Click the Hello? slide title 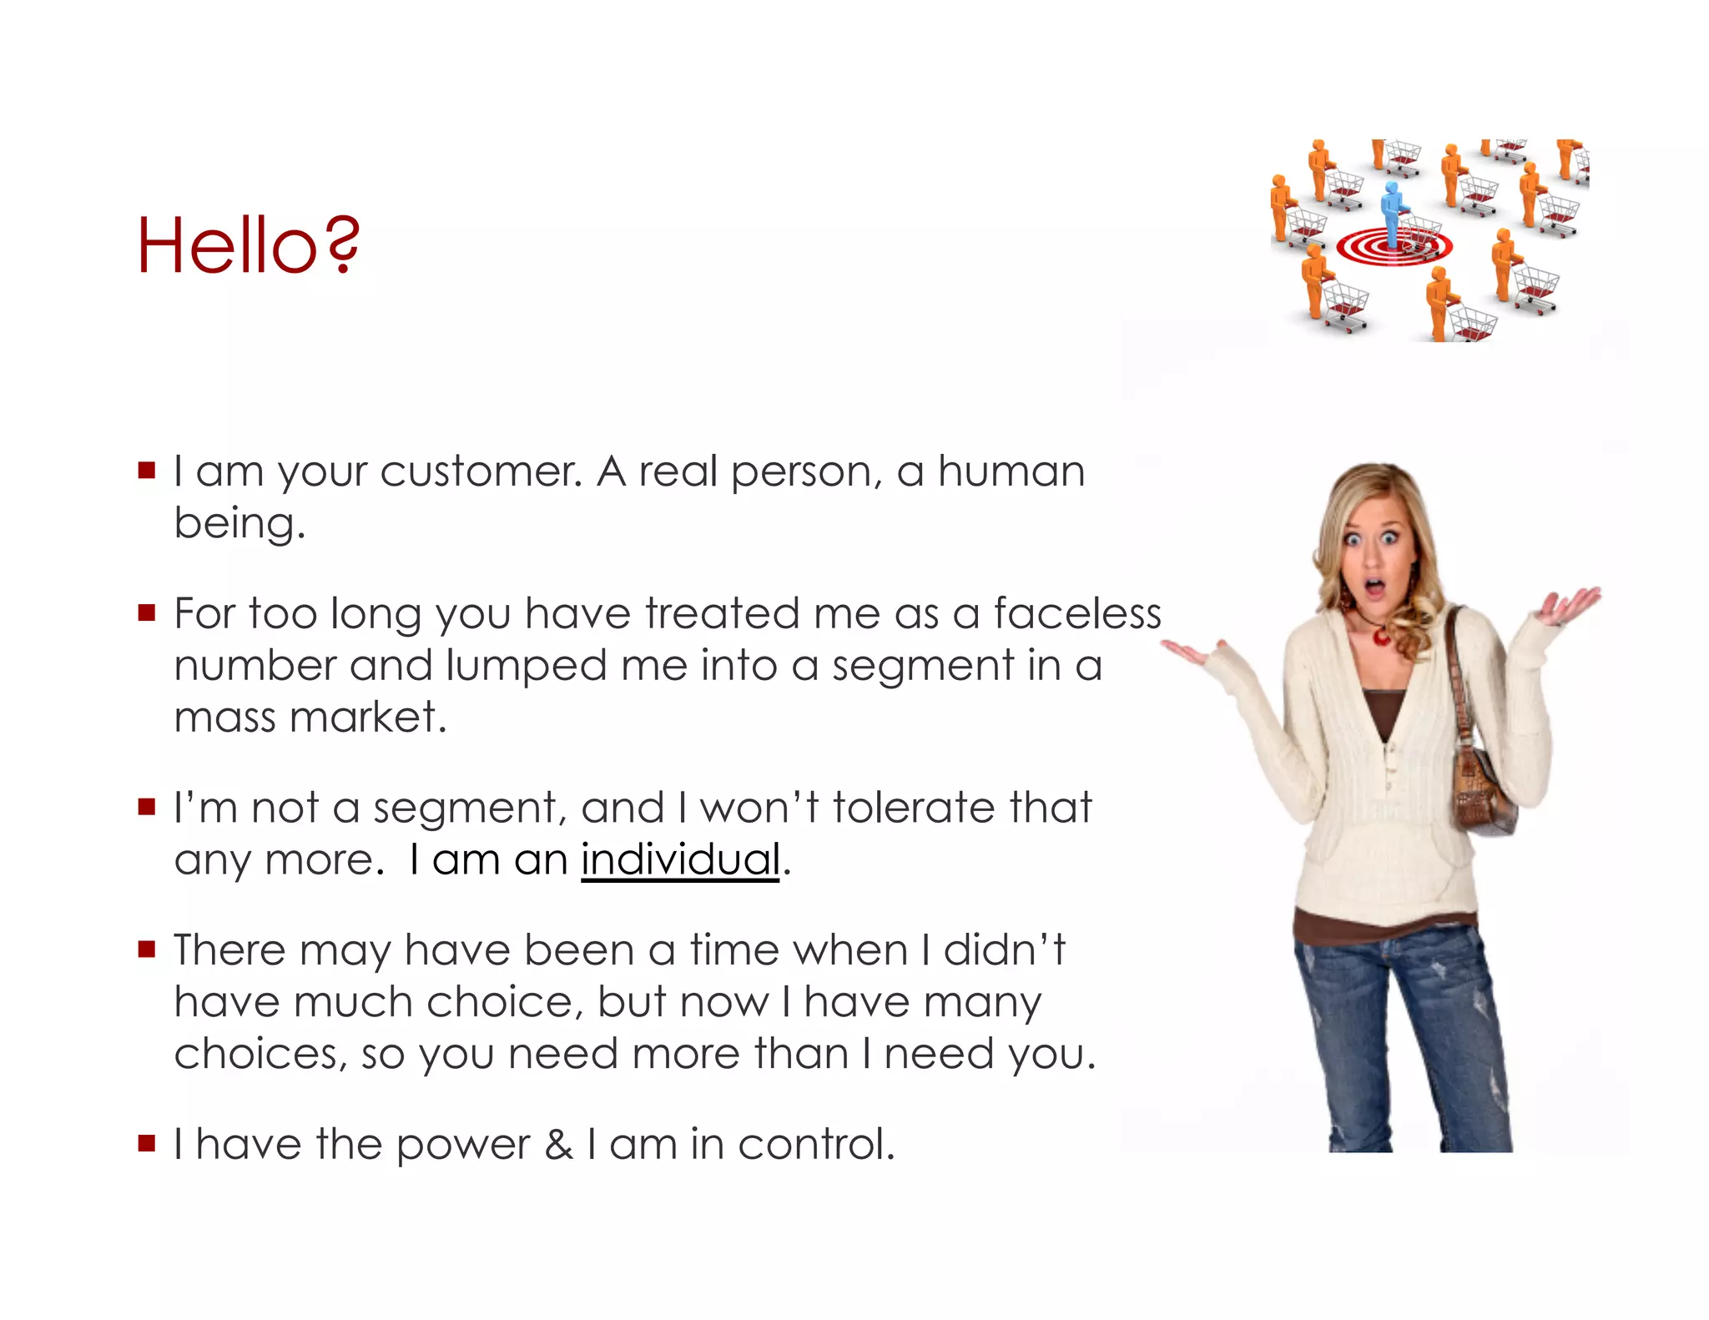(x=248, y=245)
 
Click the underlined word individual (x=680, y=859)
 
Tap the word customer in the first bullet (x=481, y=472)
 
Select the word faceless (x=1076, y=613)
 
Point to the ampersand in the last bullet (x=558, y=1144)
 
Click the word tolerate (x=913, y=808)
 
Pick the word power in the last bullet (x=462, y=1145)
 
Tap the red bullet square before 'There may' (x=148, y=949)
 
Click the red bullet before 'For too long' (x=148, y=613)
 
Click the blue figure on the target (x=1391, y=213)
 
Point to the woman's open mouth (x=1374, y=589)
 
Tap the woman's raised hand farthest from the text (x=1570, y=605)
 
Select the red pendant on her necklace (x=1379, y=637)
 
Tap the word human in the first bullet (x=1011, y=472)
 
